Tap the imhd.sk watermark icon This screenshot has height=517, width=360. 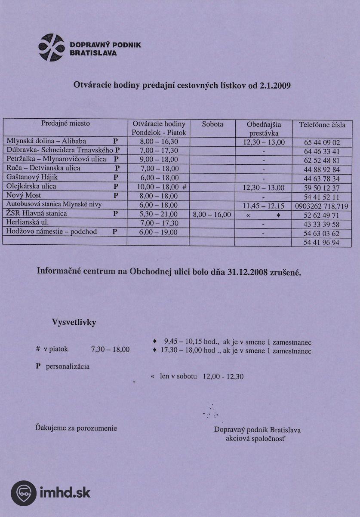(24, 493)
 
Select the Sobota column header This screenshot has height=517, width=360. (212, 124)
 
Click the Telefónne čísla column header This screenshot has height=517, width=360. (322, 125)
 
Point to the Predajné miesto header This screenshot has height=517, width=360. (65, 123)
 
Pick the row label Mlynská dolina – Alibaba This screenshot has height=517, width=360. (46, 141)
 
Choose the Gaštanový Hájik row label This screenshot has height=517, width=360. (32, 177)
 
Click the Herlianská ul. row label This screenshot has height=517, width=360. (28, 223)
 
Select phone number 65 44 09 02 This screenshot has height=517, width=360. (322, 142)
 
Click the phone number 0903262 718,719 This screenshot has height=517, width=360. (322, 206)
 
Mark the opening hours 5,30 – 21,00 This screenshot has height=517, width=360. (159, 214)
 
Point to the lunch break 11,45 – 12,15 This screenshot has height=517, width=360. (263, 206)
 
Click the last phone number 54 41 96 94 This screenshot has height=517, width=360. (322, 243)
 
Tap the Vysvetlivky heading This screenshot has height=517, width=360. (74, 322)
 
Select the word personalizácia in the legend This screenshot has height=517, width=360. (68, 367)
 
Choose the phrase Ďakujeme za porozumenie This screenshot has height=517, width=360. (76, 428)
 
